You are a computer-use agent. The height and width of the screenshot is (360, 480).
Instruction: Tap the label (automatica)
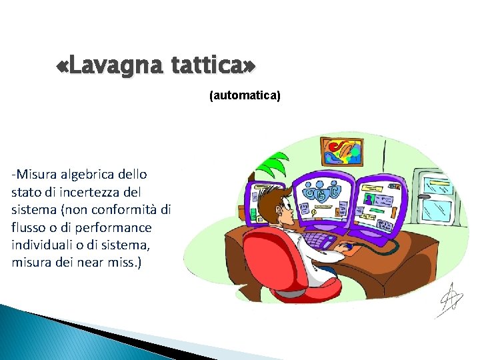(245, 96)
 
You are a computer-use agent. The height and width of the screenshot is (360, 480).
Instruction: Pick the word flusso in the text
(28, 227)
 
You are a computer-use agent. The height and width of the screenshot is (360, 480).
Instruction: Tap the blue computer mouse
(347, 247)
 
